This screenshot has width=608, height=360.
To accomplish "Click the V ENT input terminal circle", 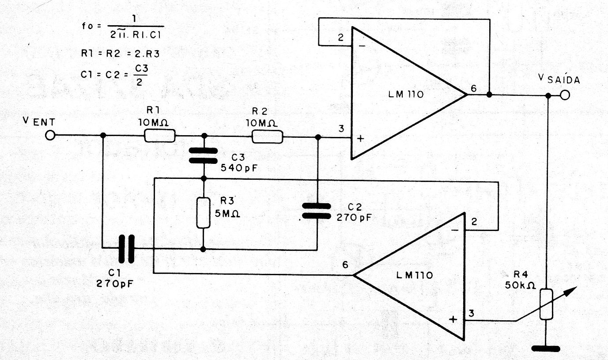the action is pos(50,135).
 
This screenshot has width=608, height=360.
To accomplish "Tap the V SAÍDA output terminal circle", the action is pos(565,95).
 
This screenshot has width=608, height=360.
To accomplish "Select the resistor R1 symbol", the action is pos(159,136).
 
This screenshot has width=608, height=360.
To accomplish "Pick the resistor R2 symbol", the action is pos(268,136).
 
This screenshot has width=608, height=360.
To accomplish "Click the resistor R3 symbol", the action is pos(203,213).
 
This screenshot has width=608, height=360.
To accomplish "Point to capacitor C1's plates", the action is pos(126,249).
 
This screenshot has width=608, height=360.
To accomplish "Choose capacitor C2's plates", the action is pos(317,211).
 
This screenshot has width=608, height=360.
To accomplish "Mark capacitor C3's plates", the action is pos(203,155).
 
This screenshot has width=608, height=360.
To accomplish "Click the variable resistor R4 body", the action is pos(546,304).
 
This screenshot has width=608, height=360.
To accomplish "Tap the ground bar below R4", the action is pos(546,349).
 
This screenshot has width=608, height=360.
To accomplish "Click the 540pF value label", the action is pos(239,168).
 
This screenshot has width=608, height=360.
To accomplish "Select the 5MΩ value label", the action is pos(227,214).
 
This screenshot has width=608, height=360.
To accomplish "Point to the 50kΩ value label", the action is pos(520,285).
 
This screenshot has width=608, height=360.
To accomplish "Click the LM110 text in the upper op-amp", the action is pos(406,94).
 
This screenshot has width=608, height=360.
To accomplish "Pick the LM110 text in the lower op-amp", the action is pos(415,275).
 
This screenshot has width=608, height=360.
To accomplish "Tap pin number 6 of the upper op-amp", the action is pos(473,88).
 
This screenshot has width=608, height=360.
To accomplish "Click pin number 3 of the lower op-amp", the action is pos(472,313).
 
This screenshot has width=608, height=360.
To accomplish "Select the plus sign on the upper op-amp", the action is pos(360,139).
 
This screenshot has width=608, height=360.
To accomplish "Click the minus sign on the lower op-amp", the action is pos(455,231).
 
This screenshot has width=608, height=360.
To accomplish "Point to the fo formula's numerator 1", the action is pos(134,19).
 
